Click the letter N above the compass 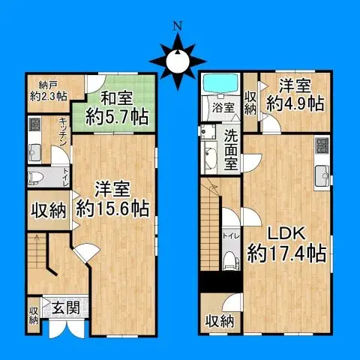point(177,24)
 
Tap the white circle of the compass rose point(178,61)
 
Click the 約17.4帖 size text point(286,251)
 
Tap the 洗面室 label point(232,148)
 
